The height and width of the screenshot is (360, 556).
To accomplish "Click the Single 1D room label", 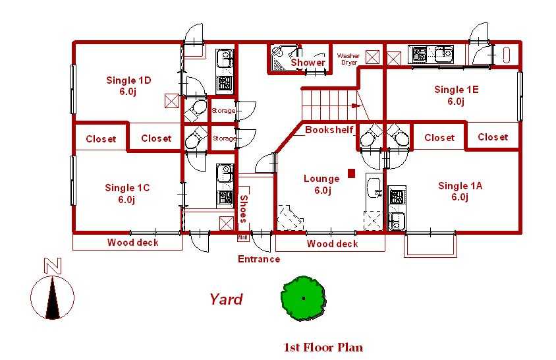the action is [x=128, y=86].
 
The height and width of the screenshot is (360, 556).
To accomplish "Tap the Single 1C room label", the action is [x=127, y=193].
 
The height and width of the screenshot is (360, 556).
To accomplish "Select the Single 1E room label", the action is [x=457, y=95].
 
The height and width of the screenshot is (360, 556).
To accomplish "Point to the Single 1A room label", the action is [x=460, y=191].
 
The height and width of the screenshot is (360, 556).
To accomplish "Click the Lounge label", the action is [x=321, y=184].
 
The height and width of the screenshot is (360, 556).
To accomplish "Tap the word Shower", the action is [x=308, y=63].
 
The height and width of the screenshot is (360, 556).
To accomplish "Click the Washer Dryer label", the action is [x=348, y=59].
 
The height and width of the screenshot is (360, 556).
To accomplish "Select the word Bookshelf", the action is [x=329, y=130].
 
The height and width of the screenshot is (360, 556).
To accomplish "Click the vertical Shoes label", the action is [x=244, y=208].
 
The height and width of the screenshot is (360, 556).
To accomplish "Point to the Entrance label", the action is [x=259, y=259].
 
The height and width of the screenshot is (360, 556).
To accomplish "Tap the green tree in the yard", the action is [x=303, y=298].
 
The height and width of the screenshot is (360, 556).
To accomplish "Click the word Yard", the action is [x=226, y=299].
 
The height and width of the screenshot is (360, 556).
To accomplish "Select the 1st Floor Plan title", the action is [x=323, y=347].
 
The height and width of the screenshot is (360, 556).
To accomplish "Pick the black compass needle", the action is [x=53, y=297].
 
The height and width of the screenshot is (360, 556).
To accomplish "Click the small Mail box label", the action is [x=243, y=238].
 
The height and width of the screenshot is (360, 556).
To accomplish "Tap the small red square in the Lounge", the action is [x=351, y=173].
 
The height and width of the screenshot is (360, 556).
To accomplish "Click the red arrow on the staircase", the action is [x=356, y=105].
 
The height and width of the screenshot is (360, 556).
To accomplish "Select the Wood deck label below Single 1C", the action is [x=133, y=243].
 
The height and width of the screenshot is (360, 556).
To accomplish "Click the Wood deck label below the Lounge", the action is [x=332, y=243].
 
